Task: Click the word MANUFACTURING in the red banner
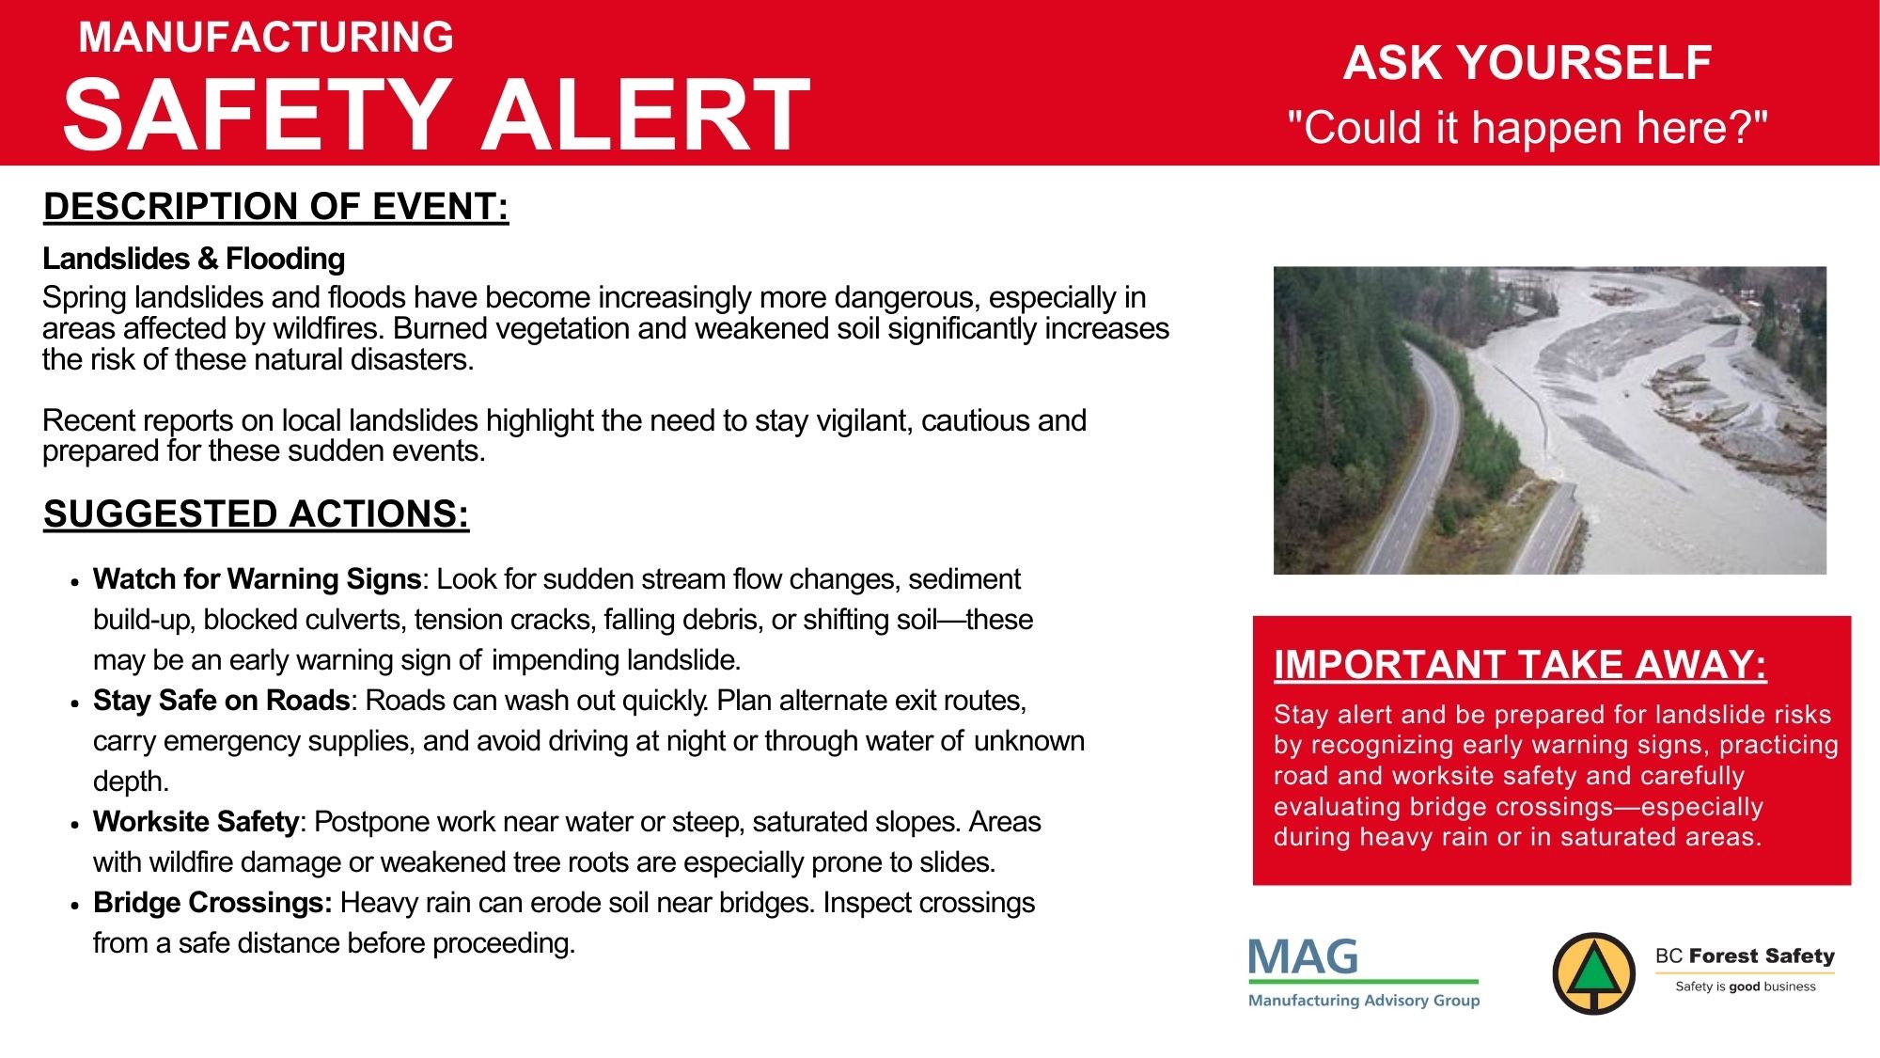(266, 38)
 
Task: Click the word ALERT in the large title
(646, 115)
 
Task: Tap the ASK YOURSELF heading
(1527, 63)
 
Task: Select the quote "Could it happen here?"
(1527, 127)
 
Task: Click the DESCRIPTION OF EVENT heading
(276, 207)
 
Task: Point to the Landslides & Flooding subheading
(194, 259)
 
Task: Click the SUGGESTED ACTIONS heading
(257, 514)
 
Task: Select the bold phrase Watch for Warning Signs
(257, 579)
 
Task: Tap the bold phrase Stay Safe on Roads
(222, 701)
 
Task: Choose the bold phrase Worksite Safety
(196, 822)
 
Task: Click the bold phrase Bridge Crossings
(212, 903)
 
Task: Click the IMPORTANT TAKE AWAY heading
(1520, 665)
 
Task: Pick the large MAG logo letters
(1303, 957)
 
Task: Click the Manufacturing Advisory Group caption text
(1364, 1001)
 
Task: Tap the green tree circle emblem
(1593, 973)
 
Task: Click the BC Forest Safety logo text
(1745, 956)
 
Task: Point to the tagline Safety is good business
(1746, 987)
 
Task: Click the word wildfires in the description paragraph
(324, 329)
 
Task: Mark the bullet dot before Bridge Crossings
(74, 906)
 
